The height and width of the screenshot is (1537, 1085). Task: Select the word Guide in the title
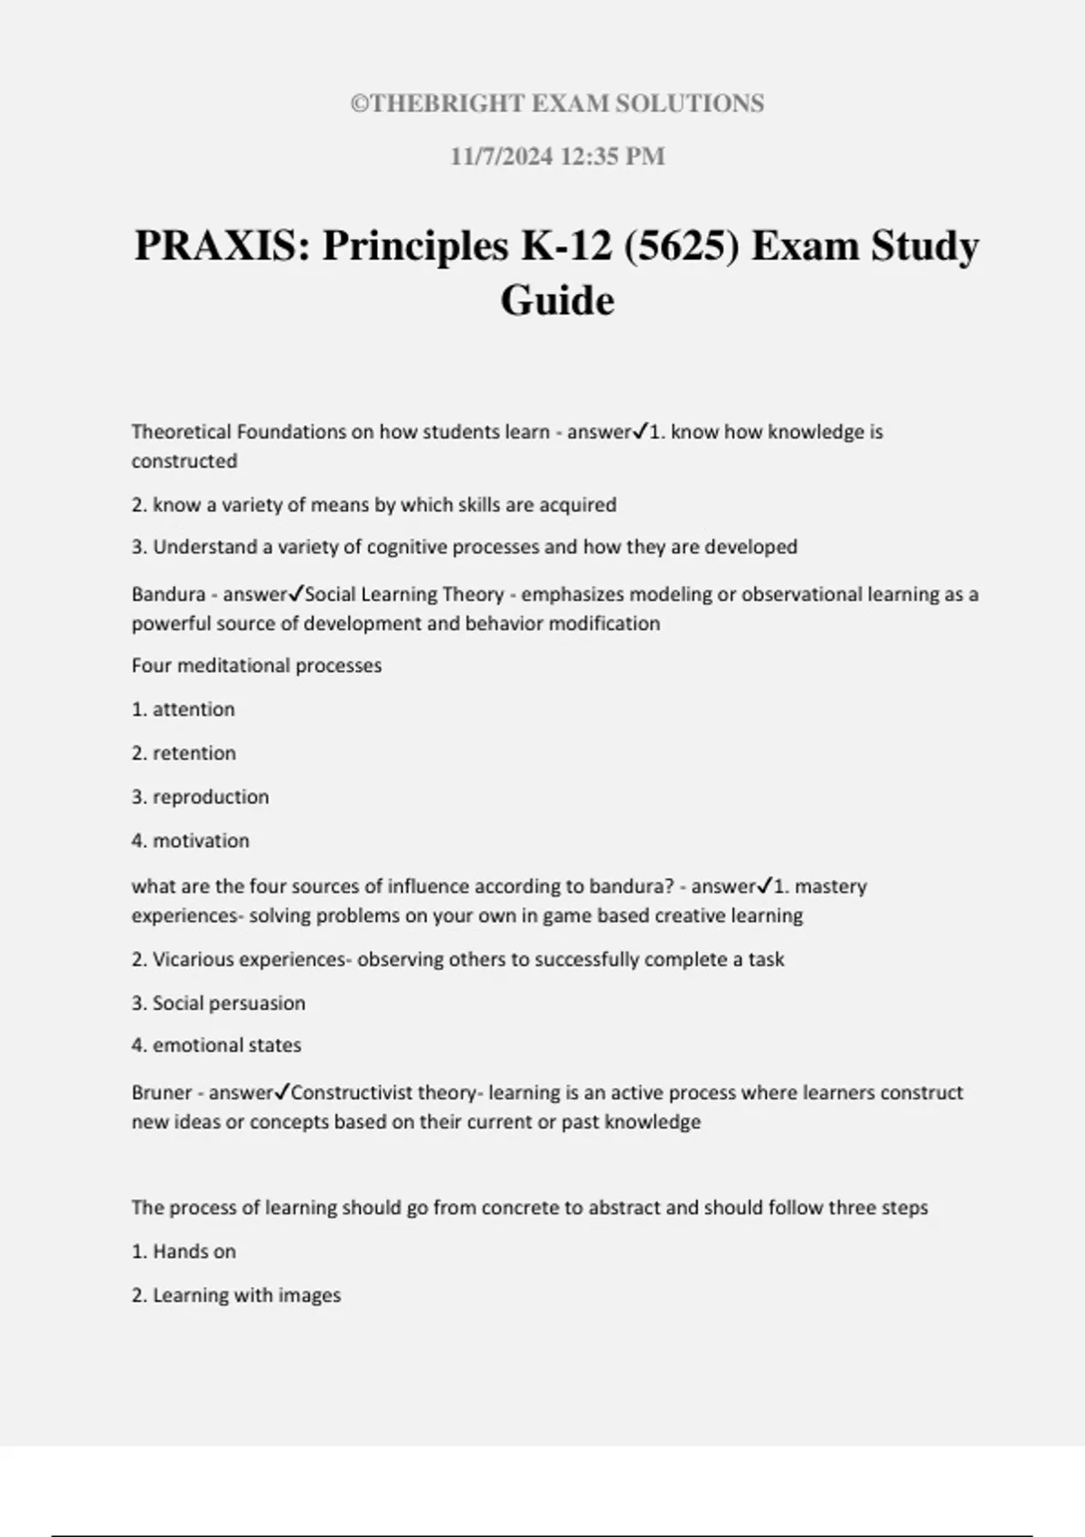pyautogui.click(x=557, y=300)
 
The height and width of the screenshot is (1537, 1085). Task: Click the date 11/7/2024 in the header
pyautogui.click(x=501, y=156)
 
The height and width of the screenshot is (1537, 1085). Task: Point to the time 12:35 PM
pyautogui.click(x=613, y=156)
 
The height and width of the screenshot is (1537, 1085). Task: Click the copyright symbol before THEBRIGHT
pyautogui.click(x=360, y=104)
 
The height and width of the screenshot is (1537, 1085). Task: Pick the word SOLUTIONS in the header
pyautogui.click(x=689, y=104)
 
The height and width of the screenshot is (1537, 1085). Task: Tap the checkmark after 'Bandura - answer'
pyautogui.click(x=296, y=594)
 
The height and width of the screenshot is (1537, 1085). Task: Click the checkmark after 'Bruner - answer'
pyautogui.click(x=281, y=1092)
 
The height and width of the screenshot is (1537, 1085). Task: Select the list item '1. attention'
pyautogui.click(x=183, y=710)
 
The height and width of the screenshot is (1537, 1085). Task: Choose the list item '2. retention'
pyautogui.click(x=184, y=753)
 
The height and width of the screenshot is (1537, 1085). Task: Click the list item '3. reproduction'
pyautogui.click(x=200, y=797)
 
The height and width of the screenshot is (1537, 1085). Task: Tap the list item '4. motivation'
pyautogui.click(x=190, y=841)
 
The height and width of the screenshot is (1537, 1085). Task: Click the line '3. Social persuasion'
pyautogui.click(x=218, y=1003)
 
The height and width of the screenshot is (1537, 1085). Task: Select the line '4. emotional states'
pyautogui.click(x=216, y=1045)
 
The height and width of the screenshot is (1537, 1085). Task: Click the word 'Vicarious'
pyautogui.click(x=191, y=959)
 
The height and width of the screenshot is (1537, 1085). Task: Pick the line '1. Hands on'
pyautogui.click(x=184, y=1251)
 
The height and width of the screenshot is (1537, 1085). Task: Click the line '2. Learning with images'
pyautogui.click(x=236, y=1295)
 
